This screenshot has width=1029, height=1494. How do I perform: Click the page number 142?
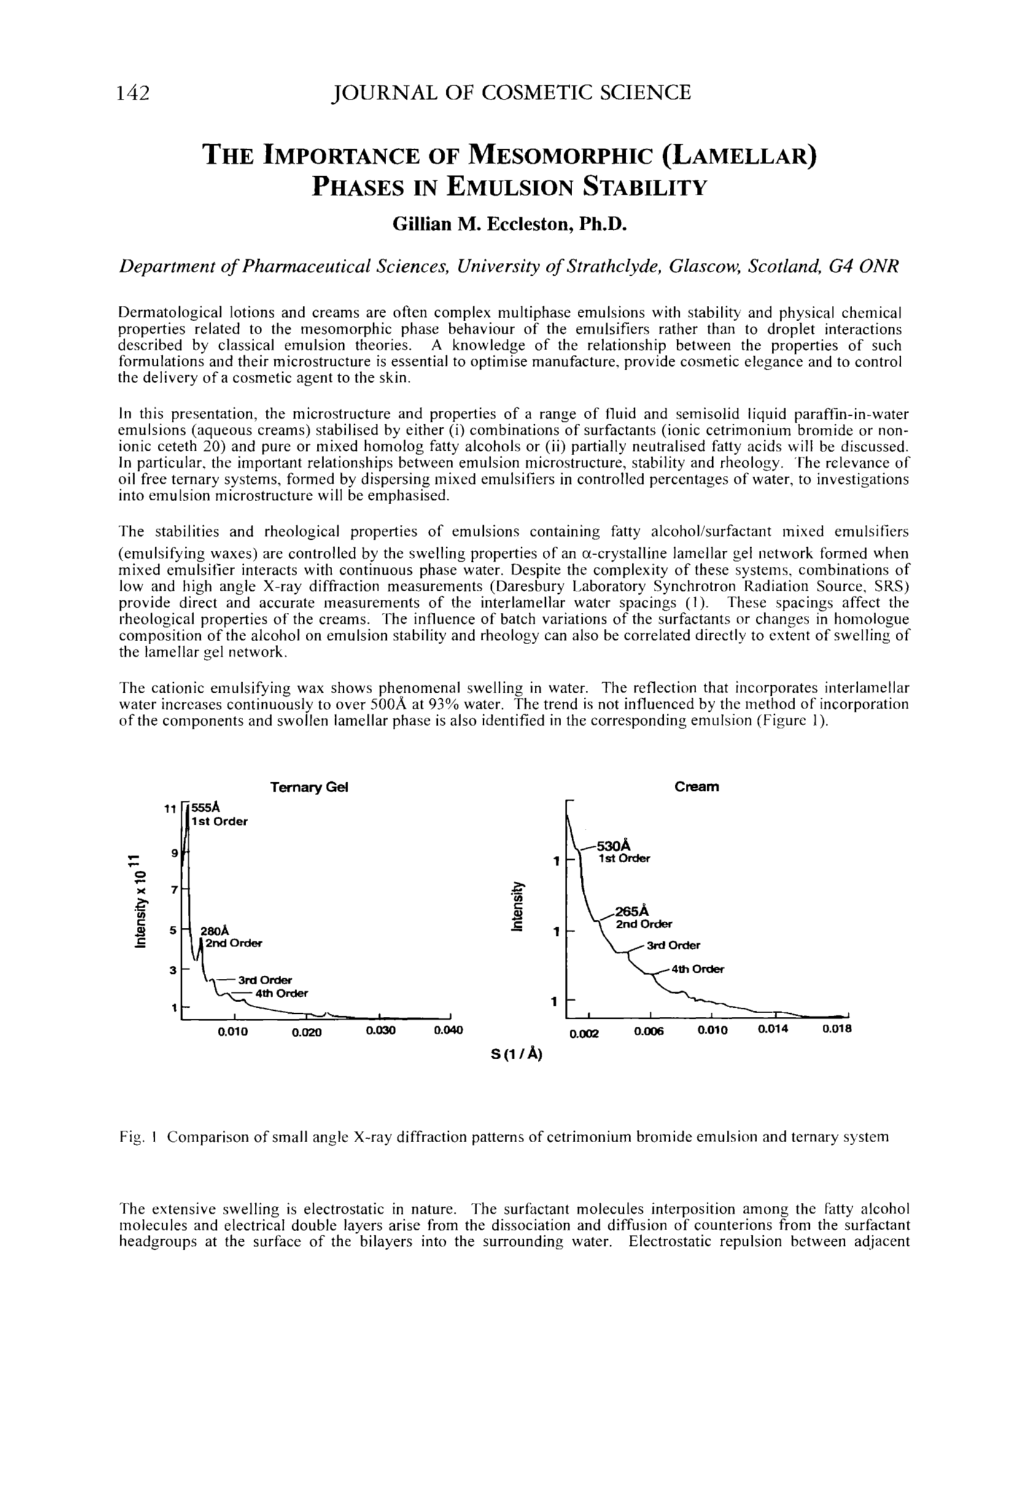[x=133, y=93]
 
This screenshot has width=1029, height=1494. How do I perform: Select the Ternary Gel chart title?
[x=309, y=787]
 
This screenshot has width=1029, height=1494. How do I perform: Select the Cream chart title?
[x=696, y=787]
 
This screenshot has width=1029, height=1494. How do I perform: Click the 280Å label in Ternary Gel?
[x=215, y=931]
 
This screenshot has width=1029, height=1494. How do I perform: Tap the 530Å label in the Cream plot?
[x=615, y=846]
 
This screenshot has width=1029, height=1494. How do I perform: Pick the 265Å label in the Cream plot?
[x=632, y=911]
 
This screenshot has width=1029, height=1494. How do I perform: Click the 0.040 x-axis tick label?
[x=449, y=1030]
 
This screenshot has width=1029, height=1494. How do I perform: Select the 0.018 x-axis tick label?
[x=837, y=1029]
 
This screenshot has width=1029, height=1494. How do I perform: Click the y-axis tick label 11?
[x=170, y=809]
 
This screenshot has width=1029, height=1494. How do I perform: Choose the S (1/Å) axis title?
[x=516, y=1055]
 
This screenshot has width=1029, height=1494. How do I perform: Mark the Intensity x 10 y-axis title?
[x=138, y=901]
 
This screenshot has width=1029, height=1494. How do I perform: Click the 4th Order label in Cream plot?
[x=697, y=969]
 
